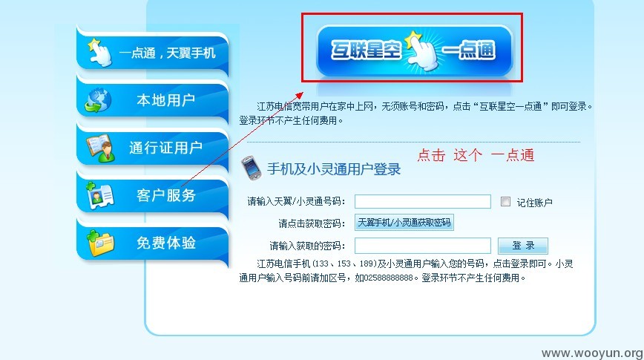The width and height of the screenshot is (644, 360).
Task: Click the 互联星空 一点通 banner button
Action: (414, 50)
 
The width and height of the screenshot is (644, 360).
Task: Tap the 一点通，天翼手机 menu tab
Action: (152, 52)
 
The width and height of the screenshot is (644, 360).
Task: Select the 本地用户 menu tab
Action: (152, 99)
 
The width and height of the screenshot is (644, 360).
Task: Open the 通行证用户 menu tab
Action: (152, 147)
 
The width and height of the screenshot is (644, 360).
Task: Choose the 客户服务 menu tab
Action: (152, 194)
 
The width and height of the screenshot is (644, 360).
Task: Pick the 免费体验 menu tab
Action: (152, 242)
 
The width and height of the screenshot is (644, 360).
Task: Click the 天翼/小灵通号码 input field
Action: (423, 201)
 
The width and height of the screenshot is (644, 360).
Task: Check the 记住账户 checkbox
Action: (505, 201)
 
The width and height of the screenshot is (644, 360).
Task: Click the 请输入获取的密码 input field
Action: (423, 246)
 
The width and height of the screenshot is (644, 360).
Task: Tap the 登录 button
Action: (523, 246)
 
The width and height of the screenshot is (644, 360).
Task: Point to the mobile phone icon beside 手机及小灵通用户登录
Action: (252, 168)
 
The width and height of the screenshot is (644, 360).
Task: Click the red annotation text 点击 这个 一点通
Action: (476, 155)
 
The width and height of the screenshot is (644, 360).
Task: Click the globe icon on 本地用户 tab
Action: (98, 100)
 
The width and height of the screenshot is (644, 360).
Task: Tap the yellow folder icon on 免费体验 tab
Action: (99, 243)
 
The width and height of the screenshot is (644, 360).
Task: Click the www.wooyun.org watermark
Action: (592, 353)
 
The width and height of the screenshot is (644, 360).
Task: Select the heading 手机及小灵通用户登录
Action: (334, 169)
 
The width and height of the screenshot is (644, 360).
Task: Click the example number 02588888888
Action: (389, 278)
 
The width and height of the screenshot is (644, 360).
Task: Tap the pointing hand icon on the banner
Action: (421, 50)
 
